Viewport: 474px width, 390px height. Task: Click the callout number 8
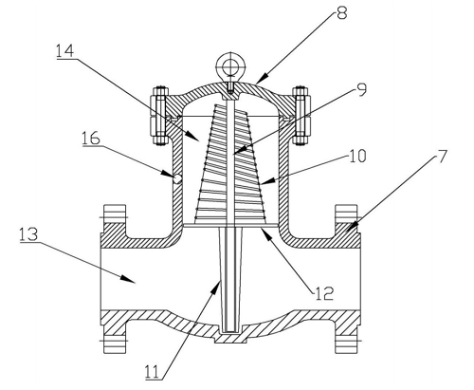pyautogui.click(x=342, y=13)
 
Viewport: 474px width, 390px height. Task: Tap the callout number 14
pyautogui.click(x=65, y=50)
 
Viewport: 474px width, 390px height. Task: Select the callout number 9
pyautogui.click(x=360, y=89)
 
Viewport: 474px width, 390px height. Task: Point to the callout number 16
pyautogui.click(x=91, y=138)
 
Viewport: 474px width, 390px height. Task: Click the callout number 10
pyautogui.click(x=357, y=156)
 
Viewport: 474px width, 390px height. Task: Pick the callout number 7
pyautogui.click(x=442, y=157)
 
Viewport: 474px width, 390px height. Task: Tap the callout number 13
pyautogui.click(x=28, y=234)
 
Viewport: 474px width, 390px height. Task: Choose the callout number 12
pyautogui.click(x=324, y=293)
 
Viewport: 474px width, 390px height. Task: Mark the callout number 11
pyautogui.click(x=154, y=372)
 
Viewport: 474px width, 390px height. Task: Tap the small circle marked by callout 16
pyautogui.click(x=177, y=179)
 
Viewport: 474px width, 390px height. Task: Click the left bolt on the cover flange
pyautogui.click(x=160, y=116)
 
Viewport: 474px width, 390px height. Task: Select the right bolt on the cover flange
pyautogui.click(x=301, y=116)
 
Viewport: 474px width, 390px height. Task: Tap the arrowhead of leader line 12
pyautogui.click(x=264, y=233)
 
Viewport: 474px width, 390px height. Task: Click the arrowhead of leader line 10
pyautogui.click(x=266, y=181)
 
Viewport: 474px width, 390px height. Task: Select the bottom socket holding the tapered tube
pyautogui.click(x=230, y=337)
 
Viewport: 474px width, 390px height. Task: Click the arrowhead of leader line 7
pyautogui.click(x=352, y=227)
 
